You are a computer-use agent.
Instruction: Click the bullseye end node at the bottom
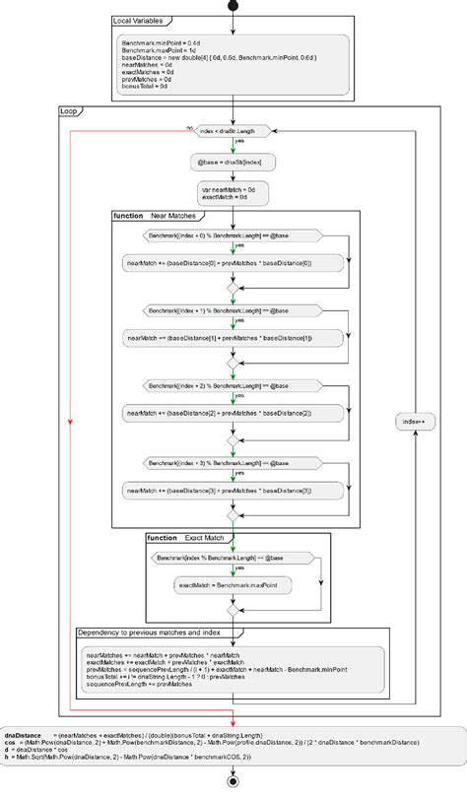[x=233, y=781]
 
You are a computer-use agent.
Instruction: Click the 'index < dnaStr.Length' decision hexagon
[x=233, y=131]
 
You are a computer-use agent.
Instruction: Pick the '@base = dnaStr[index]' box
[x=233, y=161]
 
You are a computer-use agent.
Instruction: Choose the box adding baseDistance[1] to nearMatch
[x=233, y=338]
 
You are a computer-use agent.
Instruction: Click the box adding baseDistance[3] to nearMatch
[x=233, y=490]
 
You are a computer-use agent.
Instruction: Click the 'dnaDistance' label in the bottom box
[x=21, y=735]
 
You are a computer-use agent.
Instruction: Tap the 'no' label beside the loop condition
[x=189, y=127]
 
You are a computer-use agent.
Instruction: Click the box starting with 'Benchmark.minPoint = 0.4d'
[x=233, y=65]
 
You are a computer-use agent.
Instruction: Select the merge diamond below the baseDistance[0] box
[x=233, y=287]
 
